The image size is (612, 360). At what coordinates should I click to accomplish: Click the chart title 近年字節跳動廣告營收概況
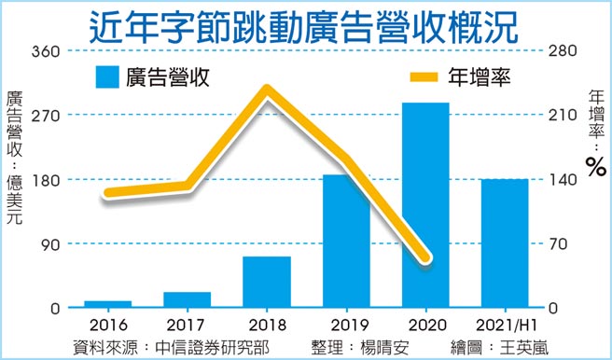click(305, 25)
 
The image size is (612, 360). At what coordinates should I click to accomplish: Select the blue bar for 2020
click(425, 205)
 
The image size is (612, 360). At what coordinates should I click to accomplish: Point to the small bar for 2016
click(107, 304)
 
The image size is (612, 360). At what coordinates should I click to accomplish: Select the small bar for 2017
click(187, 299)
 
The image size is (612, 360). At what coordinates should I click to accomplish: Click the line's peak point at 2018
click(267, 91)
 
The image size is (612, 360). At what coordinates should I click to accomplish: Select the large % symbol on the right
click(595, 167)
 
